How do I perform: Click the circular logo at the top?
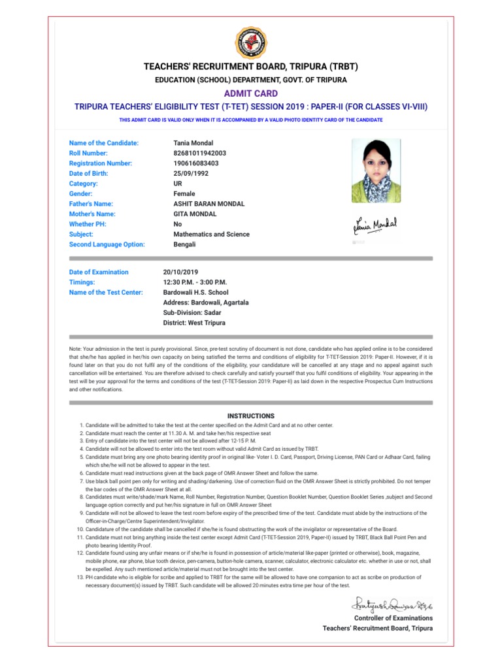[x=251, y=44]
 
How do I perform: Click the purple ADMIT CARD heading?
[x=251, y=93]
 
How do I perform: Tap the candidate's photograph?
[x=377, y=171]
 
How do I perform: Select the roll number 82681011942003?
[x=200, y=153]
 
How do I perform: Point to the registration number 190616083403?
[x=196, y=163]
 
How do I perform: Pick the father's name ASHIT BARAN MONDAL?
[x=209, y=204]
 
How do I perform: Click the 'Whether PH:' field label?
[x=88, y=224]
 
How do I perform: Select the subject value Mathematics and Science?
[x=211, y=235]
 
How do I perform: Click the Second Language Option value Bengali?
[x=185, y=244]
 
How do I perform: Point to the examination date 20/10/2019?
[x=181, y=272]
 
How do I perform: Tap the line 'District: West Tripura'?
[x=194, y=323]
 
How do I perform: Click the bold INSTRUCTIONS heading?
[x=251, y=416]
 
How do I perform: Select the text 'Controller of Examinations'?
[x=393, y=618]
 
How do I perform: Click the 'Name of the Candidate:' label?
[x=104, y=143]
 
